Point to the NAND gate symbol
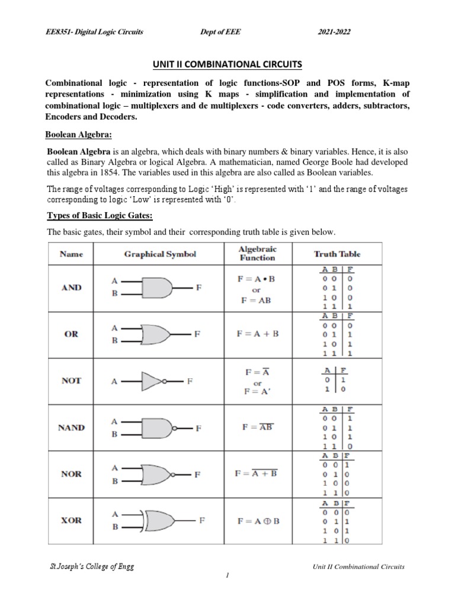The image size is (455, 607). pyautogui.click(x=160, y=427)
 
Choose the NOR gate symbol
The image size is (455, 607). pyautogui.click(x=160, y=474)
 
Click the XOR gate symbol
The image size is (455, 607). pyautogui.click(x=160, y=521)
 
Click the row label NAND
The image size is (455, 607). pyautogui.click(x=72, y=427)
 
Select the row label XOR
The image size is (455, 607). pyautogui.click(x=72, y=520)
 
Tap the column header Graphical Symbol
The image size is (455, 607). pyautogui.click(x=160, y=254)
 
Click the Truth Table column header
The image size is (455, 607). pyautogui.click(x=337, y=254)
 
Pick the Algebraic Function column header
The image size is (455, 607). pyautogui.click(x=257, y=254)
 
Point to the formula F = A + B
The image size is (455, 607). pyautogui.click(x=258, y=334)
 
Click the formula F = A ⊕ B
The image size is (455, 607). pyautogui.click(x=258, y=521)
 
